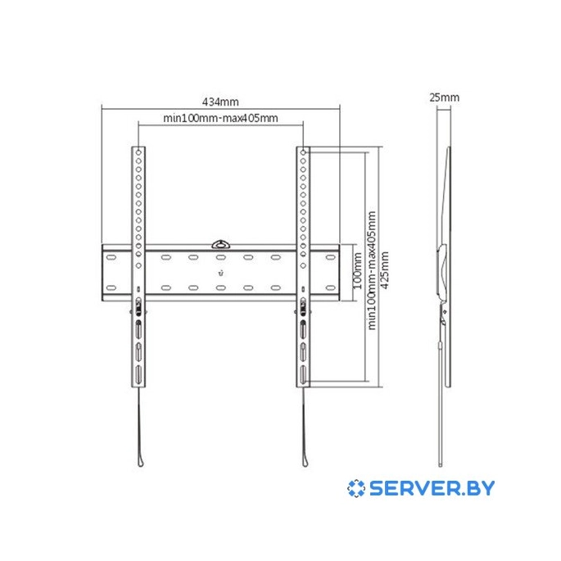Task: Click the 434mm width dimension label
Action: pyautogui.click(x=220, y=102)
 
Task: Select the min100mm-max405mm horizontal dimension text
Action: pyautogui.click(x=220, y=118)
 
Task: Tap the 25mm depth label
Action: pyautogui.click(x=445, y=97)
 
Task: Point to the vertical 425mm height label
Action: pyautogui.click(x=385, y=270)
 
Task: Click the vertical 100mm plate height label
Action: pyautogui.click(x=358, y=271)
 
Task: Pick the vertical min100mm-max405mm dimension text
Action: pyautogui.click(x=372, y=270)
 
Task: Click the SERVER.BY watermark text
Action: pyautogui.click(x=432, y=488)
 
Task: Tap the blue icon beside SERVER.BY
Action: pyautogui.click(x=356, y=488)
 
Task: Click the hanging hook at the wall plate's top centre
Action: pyautogui.click(x=221, y=244)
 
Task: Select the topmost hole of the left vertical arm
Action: pyautogui.click(x=138, y=153)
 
